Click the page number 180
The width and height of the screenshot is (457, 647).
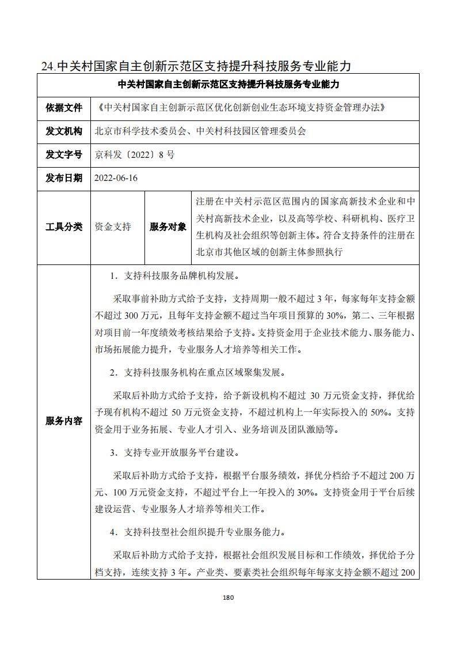(228, 597)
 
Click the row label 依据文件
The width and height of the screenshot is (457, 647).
(64, 108)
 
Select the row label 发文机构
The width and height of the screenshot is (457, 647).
(64, 131)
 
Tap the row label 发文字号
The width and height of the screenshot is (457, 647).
(64, 154)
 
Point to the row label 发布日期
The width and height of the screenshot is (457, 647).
(64, 178)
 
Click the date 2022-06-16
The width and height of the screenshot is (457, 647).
(117, 178)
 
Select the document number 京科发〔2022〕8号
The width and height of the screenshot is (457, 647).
(135, 154)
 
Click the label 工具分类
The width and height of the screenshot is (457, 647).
(64, 227)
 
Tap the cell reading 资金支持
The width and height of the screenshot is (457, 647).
(113, 227)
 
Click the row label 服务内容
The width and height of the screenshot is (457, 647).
(64, 421)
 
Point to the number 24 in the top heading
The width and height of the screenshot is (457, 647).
(48, 66)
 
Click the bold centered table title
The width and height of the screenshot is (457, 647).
(228, 85)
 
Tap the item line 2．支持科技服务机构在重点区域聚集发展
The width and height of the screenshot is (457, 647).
(196, 373)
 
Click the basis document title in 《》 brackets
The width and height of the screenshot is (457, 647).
(241, 108)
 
